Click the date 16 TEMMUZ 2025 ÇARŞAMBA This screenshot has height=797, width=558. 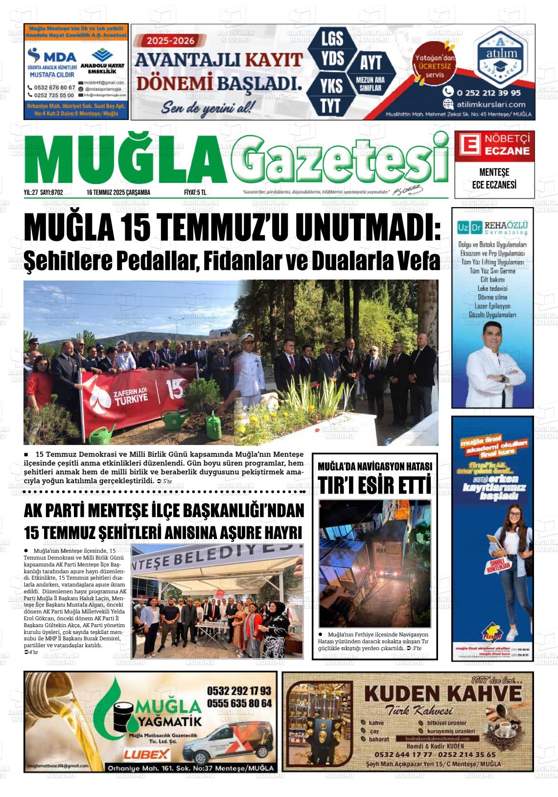click(x=118, y=192)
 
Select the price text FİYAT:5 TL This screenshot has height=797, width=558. click(x=195, y=192)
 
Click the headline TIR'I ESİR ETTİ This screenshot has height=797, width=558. click(x=374, y=484)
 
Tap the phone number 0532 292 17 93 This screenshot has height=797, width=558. click(x=239, y=691)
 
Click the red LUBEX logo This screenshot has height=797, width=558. click(x=147, y=754)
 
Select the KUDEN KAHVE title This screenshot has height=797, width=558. click(x=442, y=694)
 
